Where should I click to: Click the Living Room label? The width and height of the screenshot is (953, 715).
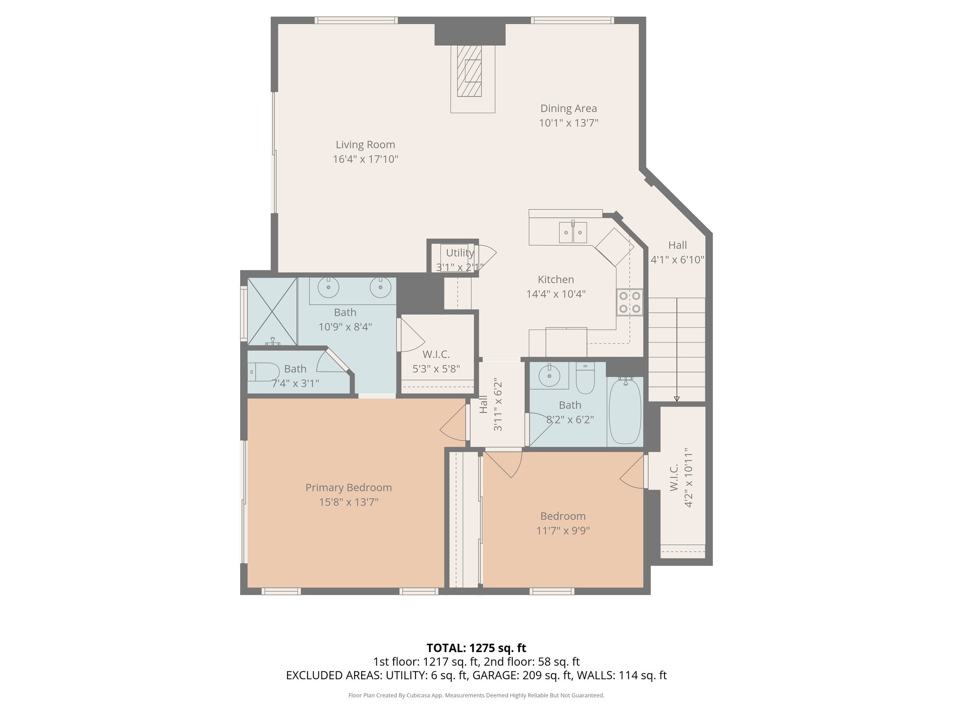pyautogui.click(x=365, y=145)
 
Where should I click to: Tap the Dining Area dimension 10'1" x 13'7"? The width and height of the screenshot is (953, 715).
pyautogui.click(x=569, y=123)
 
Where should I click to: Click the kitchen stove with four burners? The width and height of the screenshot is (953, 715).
pyautogui.click(x=630, y=302)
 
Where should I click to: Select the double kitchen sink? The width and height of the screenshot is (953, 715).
pyautogui.click(x=573, y=232)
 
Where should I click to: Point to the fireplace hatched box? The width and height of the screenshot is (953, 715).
pyautogui.click(x=469, y=71)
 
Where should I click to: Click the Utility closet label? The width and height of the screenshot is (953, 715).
pyautogui.click(x=460, y=253)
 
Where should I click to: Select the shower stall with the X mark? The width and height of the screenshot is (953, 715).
pyautogui.click(x=272, y=311)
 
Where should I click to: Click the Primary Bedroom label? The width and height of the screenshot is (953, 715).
pyautogui.click(x=349, y=487)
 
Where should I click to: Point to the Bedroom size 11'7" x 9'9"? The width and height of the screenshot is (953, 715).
pyautogui.click(x=563, y=531)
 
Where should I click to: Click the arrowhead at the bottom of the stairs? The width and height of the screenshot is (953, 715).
pyautogui.click(x=677, y=398)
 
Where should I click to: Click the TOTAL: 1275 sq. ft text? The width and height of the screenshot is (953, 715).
pyautogui.click(x=476, y=648)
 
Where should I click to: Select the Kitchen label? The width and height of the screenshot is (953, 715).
pyautogui.click(x=556, y=279)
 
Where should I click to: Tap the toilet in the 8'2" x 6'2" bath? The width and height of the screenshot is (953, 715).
pyautogui.click(x=585, y=378)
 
